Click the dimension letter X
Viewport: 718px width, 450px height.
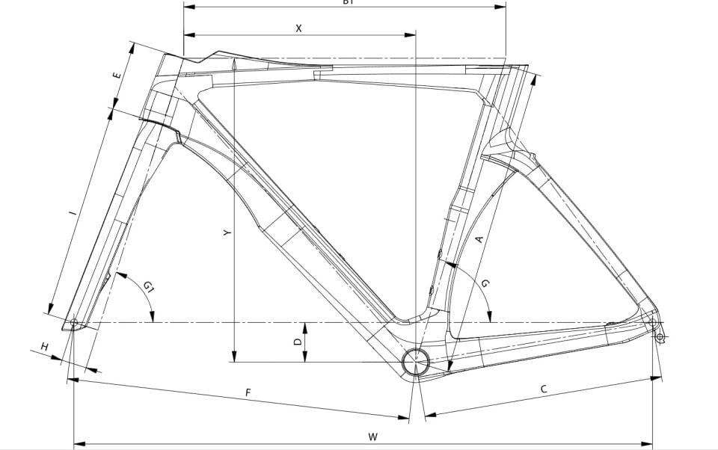(x=299, y=28)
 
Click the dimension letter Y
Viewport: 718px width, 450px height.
(x=227, y=232)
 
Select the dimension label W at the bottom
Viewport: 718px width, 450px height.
(x=372, y=437)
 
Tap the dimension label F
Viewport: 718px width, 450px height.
(x=248, y=392)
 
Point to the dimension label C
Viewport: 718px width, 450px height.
(x=544, y=389)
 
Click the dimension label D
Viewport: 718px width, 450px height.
(x=298, y=342)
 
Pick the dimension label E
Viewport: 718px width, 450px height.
(x=116, y=77)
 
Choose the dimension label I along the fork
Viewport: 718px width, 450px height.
(x=73, y=214)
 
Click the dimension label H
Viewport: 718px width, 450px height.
(x=45, y=347)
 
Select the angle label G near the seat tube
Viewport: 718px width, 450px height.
(x=485, y=284)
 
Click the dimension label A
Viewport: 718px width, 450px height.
(x=479, y=239)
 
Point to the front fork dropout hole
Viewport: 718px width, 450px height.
(x=73, y=323)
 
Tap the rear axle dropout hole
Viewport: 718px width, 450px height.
(x=651, y=322)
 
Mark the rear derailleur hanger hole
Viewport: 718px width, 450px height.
(x=660, y=337)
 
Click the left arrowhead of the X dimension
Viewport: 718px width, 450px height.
(x=188, y=34)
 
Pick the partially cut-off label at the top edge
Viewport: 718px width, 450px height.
(x=347, y=3)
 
